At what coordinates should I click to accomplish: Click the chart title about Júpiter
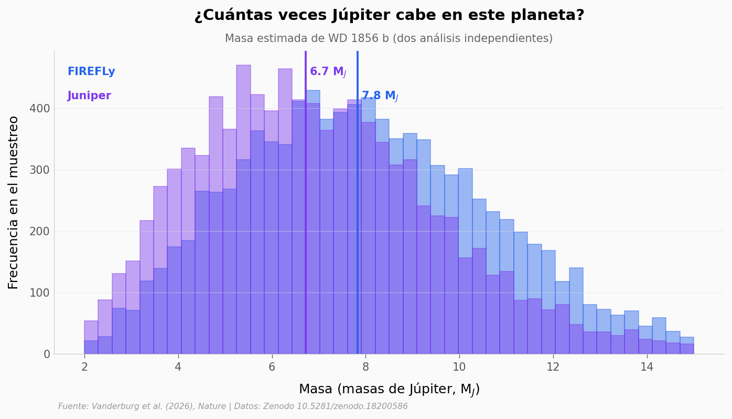tap(389, 15)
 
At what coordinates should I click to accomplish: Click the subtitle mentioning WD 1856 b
tap(389, 38)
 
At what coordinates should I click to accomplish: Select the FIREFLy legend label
tap(91, 71)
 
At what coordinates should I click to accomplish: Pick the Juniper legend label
tap(89, 96)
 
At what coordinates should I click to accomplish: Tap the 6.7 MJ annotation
tap(328, 72)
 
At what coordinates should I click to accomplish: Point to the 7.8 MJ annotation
tap(380, 96)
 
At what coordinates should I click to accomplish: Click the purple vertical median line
tap(306, 202)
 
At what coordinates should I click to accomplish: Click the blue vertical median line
tap(358, 202)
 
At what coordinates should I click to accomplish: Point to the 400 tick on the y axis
tap(40, 109)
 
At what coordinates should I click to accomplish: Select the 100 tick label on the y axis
tap(40, 292)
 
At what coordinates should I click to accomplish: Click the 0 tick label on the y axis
tap(47, 354)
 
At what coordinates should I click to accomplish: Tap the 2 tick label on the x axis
tap(84, 367)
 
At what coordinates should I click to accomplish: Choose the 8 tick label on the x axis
tap(365, 367)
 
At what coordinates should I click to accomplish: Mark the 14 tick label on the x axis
tap(647, 367)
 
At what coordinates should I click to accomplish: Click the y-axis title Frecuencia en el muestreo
tap(13, 203)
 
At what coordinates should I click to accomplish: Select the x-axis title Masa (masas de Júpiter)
tap(389, 390)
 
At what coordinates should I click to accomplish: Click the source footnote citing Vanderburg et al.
tap(233, 406)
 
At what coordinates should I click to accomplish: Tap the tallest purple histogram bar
tap(243, 209)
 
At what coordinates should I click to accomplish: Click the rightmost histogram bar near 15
tap(687, 345)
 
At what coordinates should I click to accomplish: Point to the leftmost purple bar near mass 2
tap(91, 338)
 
